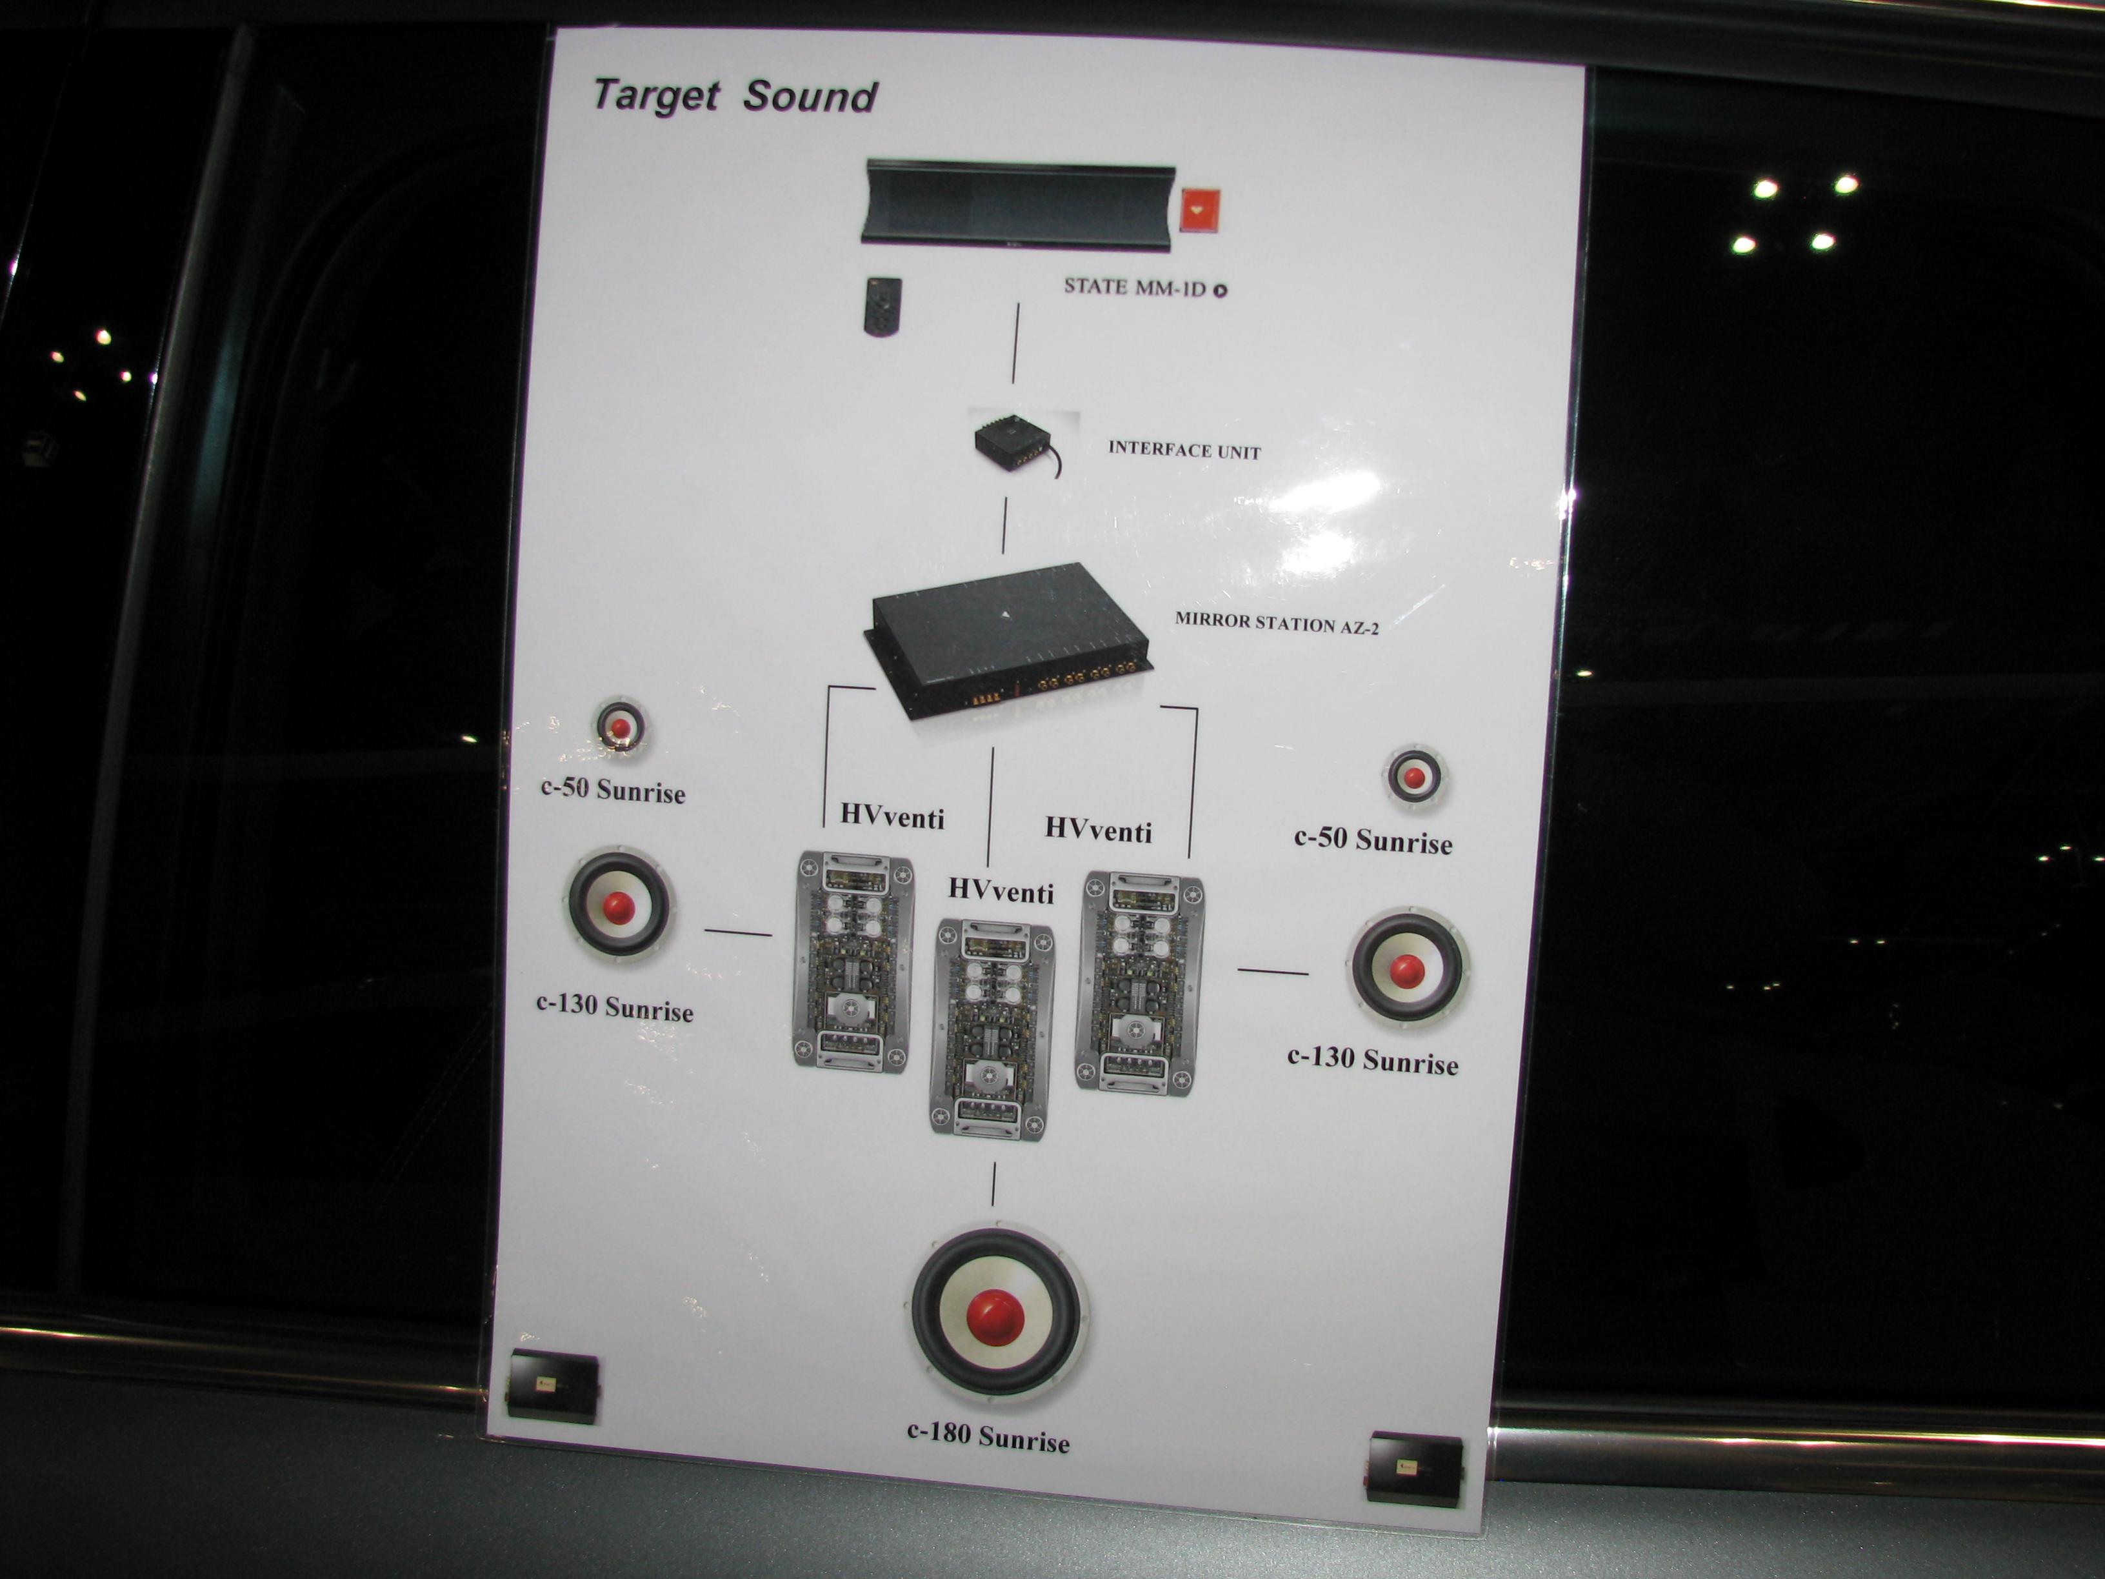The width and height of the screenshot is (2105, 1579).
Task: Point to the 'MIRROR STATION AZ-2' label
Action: click(x=1276, y=623)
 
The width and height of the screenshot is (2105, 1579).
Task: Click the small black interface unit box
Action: click(x=1014, y=443)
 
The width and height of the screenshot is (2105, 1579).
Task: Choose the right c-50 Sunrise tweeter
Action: click(x=1414, y=777)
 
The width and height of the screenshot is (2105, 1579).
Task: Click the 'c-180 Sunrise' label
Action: click(x=988, y=1437)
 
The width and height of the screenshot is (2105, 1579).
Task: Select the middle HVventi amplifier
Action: click(x=992, y=1028)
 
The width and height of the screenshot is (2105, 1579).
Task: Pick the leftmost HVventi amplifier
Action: click(x=853, y=961)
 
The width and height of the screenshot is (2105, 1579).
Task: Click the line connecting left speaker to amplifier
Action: click(x=737, y=932)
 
